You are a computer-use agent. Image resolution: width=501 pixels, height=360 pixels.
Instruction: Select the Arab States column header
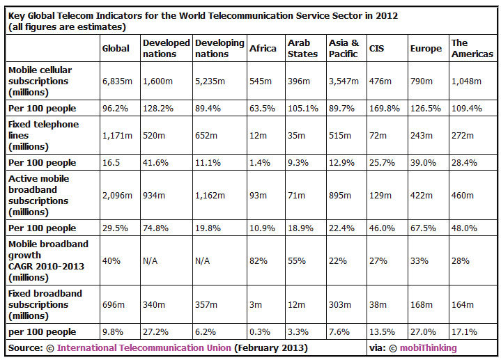pos(299,48)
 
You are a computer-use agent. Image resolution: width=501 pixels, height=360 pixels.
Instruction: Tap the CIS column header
pos(376,48)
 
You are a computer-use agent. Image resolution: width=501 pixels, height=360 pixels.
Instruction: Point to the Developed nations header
pos(166,48)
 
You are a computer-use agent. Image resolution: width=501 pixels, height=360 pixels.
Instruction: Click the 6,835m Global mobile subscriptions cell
pos(116,81)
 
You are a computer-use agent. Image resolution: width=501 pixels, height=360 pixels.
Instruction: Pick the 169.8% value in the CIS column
pos(382,109)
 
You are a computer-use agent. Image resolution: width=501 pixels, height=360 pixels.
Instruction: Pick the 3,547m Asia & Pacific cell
pos(343,81)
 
